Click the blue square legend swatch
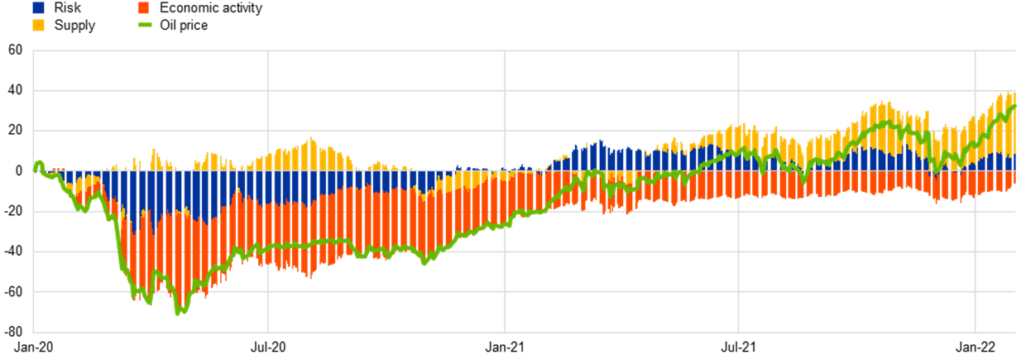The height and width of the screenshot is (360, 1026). tap(38, 7)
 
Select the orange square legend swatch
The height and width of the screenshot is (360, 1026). tap(143, 7)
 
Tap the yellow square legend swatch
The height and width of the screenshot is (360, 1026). tap(38, 25)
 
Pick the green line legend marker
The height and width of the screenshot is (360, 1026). tap(145, 25)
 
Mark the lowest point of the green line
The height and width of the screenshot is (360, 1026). tap(178, 313)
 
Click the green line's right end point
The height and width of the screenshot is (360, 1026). tap(1015, 105)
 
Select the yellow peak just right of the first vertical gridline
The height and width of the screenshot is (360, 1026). tap(311, 138)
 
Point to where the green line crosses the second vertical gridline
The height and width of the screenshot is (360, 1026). tap(505, 223)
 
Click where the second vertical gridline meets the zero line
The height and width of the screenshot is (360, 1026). tap(505, 170)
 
